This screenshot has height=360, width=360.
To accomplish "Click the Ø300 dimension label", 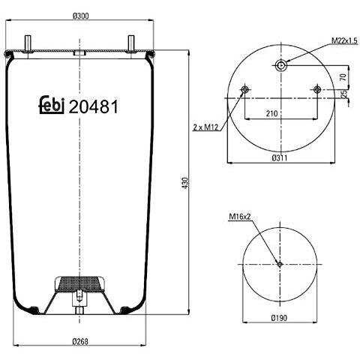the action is (x=80, y=16).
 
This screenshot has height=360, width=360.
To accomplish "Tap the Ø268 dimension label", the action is (x=80, y=341).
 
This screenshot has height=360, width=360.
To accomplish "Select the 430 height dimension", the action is (x=185, y=183).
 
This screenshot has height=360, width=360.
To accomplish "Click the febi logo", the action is (x=52, y=105).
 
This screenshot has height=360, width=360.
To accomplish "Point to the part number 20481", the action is (x=93, y=106).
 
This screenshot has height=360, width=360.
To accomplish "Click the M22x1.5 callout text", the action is (x=344, y=40).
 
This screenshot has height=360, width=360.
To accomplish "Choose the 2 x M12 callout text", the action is (x=205, y=127).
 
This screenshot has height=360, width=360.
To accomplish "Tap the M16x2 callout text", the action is (x=240, y=217).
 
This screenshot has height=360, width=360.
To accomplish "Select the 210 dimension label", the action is (x=271, y=114).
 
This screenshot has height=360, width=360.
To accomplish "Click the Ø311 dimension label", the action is (x=280, y=157).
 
